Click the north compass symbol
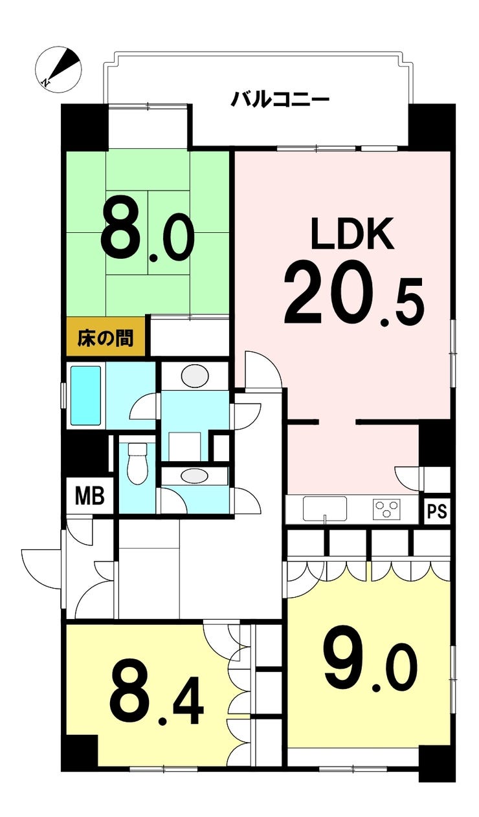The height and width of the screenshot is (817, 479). point(58,69)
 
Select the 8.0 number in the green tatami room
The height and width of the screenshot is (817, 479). point(147,231)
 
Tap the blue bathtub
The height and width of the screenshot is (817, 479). point(85,396)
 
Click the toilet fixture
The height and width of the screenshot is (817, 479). point(137,463)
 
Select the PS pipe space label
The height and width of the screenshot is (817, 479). point(437,512)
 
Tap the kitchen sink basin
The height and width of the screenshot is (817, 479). point(324,508)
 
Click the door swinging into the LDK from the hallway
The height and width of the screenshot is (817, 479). point(263,370)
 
